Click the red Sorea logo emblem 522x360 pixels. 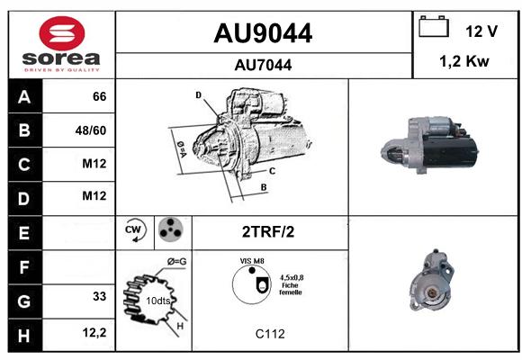point(62,33)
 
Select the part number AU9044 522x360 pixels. point(263,33)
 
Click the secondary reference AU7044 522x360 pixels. point(263,65)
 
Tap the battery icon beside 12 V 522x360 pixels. point(434,26)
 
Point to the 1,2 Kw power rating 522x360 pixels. point(464,61)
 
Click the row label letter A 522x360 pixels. point(24,97)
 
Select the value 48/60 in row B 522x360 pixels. point(91,130)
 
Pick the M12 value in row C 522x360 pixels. point(94,164)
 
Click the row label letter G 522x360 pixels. point(24,301)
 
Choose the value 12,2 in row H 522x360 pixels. point(94,332)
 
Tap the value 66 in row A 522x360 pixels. point(99,96)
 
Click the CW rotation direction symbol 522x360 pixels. point(134,230)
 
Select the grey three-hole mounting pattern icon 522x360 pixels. point(171,229)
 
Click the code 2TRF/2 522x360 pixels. point(268,232)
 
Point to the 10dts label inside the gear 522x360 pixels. point(158,301)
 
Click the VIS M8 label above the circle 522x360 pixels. point(252,261)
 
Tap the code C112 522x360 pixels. point(270,334)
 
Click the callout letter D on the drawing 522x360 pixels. point(198,95)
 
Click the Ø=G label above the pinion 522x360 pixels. point(176,262)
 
